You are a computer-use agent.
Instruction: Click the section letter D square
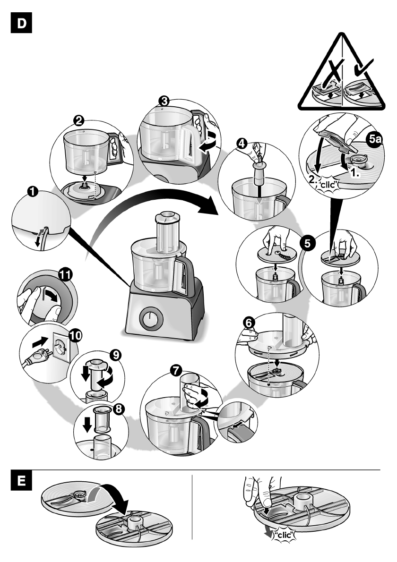tap(22, 23)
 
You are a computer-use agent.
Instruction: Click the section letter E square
tap(22, 485)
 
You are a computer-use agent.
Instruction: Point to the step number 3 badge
tap(164, 101)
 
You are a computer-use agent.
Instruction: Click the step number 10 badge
tap(74, 336)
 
